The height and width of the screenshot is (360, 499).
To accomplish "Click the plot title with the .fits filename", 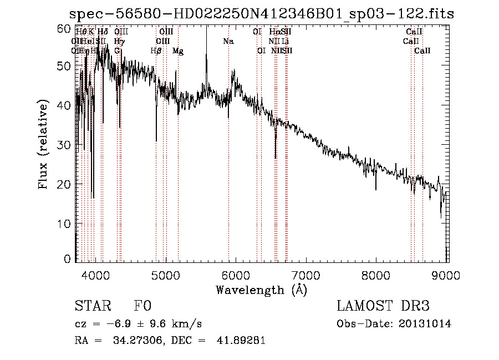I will click(x=261, y=14).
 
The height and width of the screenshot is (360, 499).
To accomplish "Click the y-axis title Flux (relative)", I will click(x=44, y=144).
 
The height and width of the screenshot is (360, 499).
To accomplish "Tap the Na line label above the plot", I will click(x=228, y=42).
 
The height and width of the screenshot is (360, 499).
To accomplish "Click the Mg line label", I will click(x=177, y=51).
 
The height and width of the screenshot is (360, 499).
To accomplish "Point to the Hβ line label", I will click(x=156, y=51).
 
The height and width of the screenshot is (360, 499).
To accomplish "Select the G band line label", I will click(x=117, y=51).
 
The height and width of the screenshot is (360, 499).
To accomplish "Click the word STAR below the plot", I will click(x=92, y=306).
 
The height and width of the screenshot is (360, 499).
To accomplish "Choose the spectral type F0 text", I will click(x=142, y=306).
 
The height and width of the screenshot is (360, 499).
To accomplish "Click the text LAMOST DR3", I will click(x=383, y=306).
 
